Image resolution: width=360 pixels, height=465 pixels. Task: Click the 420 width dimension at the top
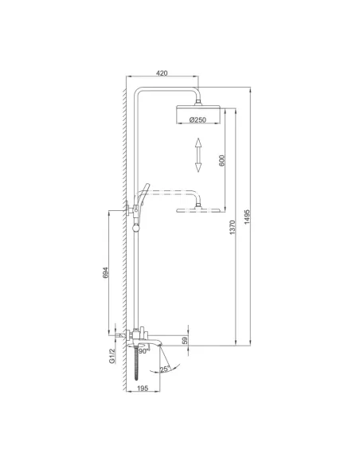(x=161, y=73)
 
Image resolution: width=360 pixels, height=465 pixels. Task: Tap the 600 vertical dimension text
(x=221, y=159)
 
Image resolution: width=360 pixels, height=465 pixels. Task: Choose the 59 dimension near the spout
(x=186, y=341)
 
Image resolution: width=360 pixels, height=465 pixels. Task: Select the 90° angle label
(x=143, y=350)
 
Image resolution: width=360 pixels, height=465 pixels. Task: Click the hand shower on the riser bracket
(x=144, y=195)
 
